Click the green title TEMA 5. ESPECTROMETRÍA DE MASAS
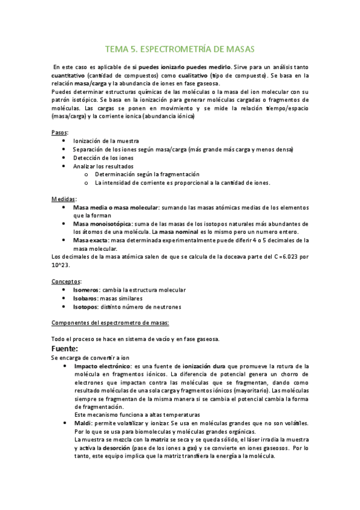point(180,48)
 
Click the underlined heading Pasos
point(59,132)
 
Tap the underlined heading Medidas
point(64,198)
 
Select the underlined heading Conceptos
point(66,281)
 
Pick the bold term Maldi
point(82,423)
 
